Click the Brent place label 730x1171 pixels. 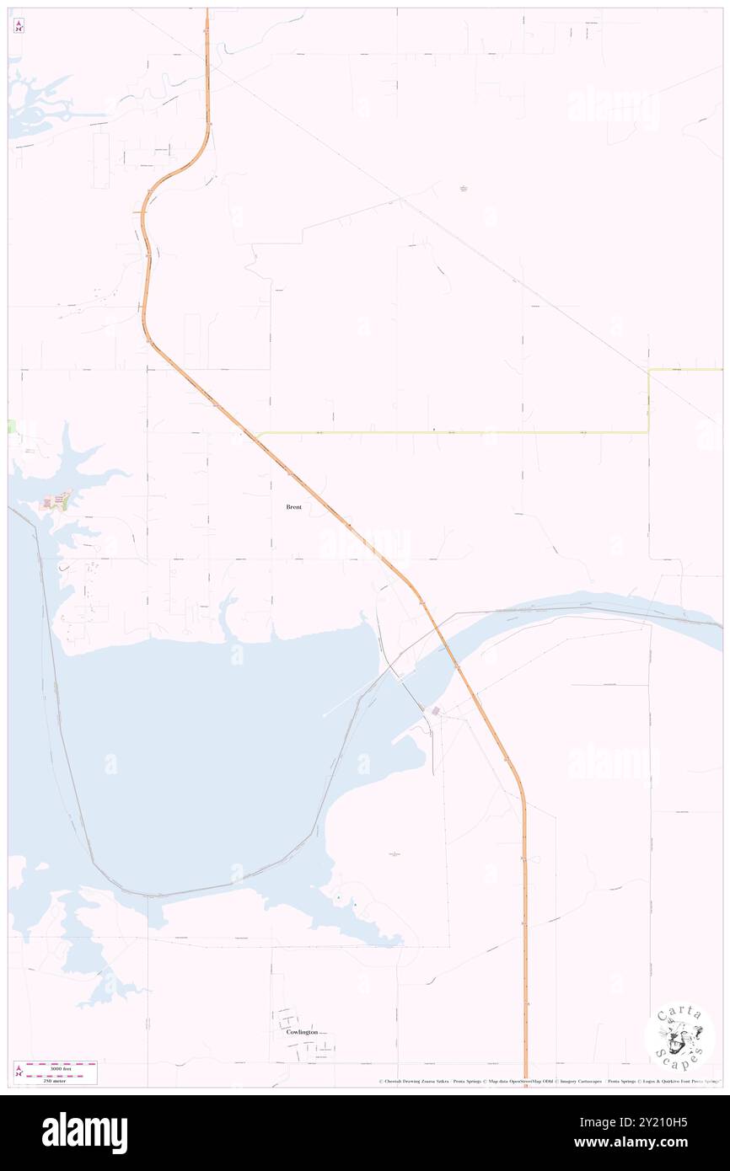tap(293, 507)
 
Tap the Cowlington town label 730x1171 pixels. tap(302, 1031)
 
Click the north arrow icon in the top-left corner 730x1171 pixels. tap(19, 26)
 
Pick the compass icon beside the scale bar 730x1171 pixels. tap(19, 1071)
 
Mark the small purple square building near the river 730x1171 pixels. tap(436, 712)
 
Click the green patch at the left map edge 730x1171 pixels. tap(12, 426)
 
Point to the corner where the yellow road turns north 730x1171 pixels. tap(648, 431)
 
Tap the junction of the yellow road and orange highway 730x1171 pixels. tap(257, 435)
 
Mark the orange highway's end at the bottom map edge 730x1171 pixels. tap(525, 1083)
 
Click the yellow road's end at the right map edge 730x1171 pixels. tap(721, 369)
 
